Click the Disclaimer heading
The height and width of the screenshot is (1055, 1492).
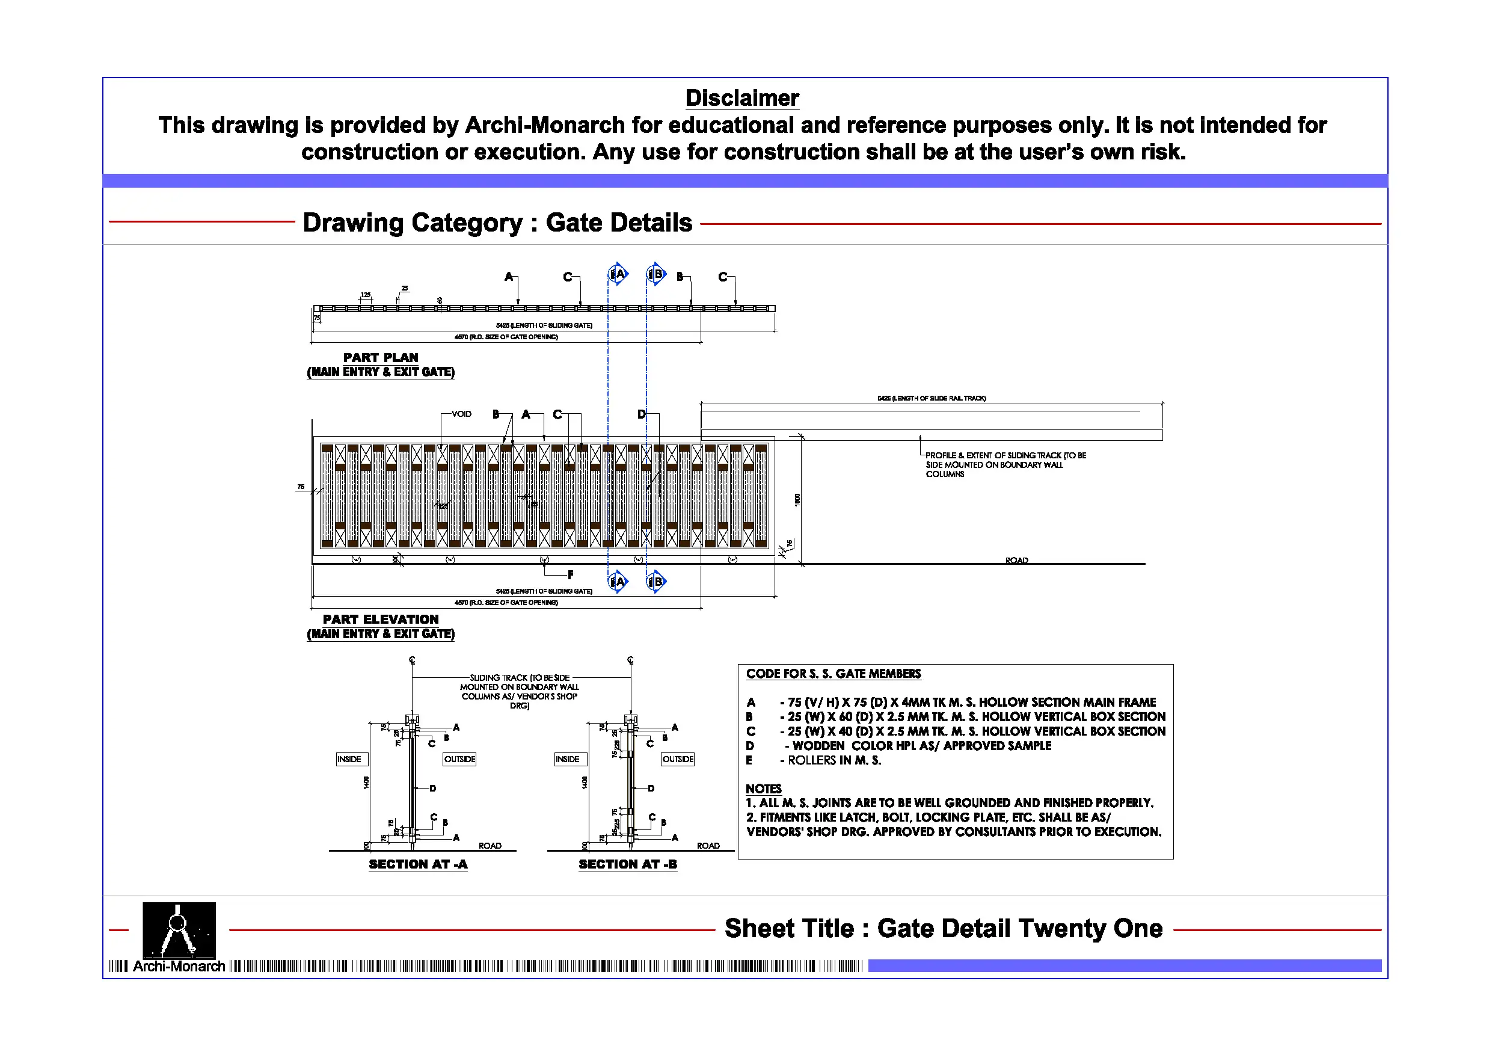[x=741, y=98]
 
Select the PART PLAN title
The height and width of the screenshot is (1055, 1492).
[x=381, y=357]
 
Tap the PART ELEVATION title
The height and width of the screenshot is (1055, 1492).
[x=381, y=620]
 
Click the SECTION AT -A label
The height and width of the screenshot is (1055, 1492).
[x=418, y=864]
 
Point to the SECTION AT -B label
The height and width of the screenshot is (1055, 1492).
[x=628, y=864]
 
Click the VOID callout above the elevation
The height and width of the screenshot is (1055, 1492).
[x=461, y=414]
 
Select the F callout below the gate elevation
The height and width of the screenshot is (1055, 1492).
[x=571, y=574]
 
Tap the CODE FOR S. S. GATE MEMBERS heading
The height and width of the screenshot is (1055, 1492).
[x=833, y=674]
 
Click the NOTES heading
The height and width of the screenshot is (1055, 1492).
[x=763, y=789]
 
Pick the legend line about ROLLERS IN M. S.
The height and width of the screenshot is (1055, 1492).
[x=833, y=760]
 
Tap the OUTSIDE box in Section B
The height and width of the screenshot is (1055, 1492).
[x=678, y=759]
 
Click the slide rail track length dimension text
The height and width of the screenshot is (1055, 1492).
[x=931, y=398]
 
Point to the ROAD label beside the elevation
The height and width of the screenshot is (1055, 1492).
[x=1016, y=561]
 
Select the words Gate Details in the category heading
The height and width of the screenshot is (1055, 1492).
[x=619, y=223]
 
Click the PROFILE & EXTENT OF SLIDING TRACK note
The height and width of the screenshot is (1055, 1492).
[x=1005, y=464]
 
